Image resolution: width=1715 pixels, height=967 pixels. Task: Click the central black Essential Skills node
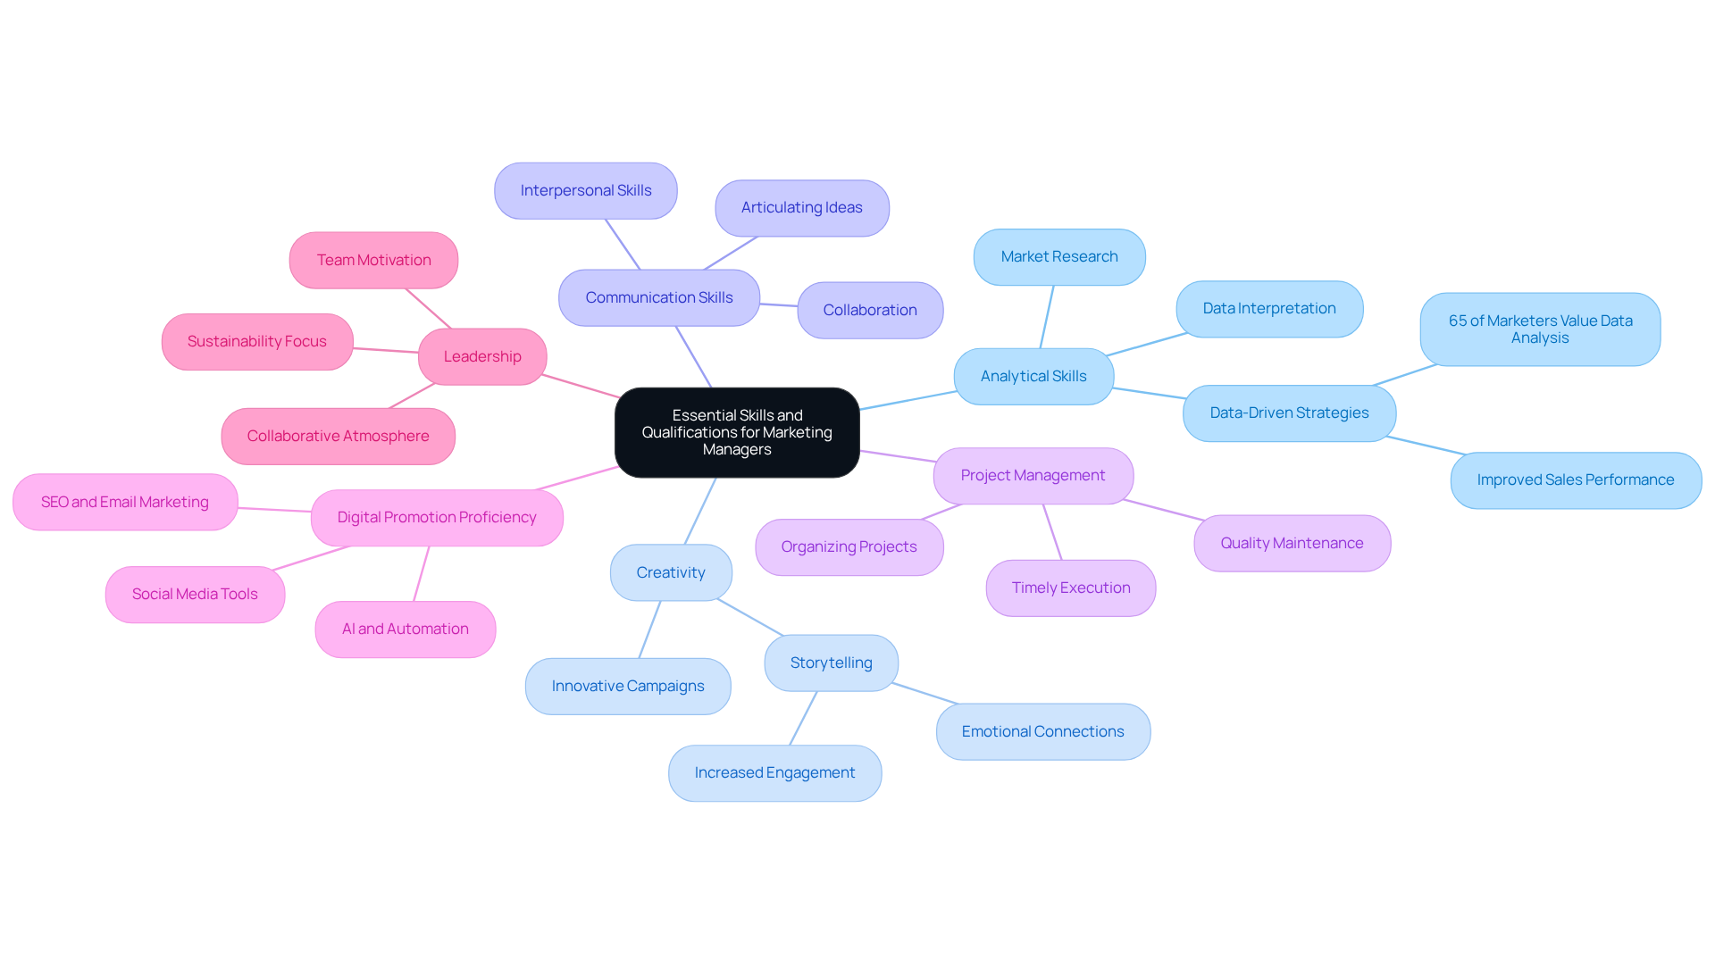[737, 432]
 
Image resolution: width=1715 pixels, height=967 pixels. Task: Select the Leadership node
[482, 356]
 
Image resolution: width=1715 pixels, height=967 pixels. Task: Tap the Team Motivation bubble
[373, 260]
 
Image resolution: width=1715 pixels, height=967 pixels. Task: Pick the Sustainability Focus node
[257, 341]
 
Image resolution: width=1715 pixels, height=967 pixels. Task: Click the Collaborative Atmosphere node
[338, 436]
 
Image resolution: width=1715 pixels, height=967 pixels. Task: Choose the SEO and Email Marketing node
[125, 502]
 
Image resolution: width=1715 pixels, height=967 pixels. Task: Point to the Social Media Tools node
[195, 594]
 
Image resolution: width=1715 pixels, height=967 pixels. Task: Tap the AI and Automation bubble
[405, 629]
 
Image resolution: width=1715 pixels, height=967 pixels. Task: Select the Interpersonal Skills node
[586, 190]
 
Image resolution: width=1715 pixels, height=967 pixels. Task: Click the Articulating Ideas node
[801, 207]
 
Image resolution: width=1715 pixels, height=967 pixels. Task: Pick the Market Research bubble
[1059, 256]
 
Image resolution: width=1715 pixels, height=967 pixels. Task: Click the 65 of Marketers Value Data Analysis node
[1540, 329]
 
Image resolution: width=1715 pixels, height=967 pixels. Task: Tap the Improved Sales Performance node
[1575, 479]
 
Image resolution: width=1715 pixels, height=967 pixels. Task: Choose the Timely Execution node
[1071, 588]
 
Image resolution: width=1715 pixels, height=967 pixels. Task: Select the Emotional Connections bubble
[1042, 731]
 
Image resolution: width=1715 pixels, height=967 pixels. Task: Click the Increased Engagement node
[774, 772]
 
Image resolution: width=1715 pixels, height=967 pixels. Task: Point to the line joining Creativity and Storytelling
[749, 617]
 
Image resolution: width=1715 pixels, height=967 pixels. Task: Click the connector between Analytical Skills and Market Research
[1047, 317]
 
